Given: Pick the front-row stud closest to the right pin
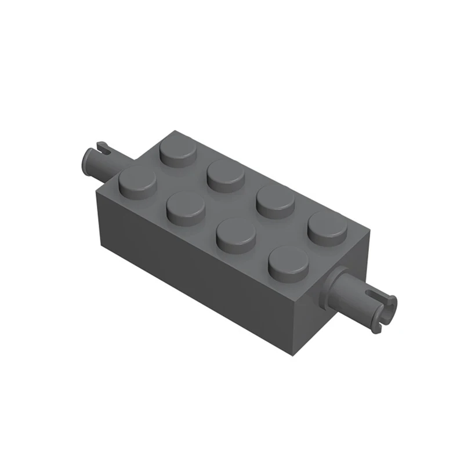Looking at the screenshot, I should [x=288, y=262].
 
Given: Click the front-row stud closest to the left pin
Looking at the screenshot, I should [x=137, y=181].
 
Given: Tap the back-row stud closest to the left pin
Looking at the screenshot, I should [x=179, y=148].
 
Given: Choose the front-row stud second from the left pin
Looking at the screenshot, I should [x=186, y=206].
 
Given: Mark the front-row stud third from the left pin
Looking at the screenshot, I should [x=236, y=233].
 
